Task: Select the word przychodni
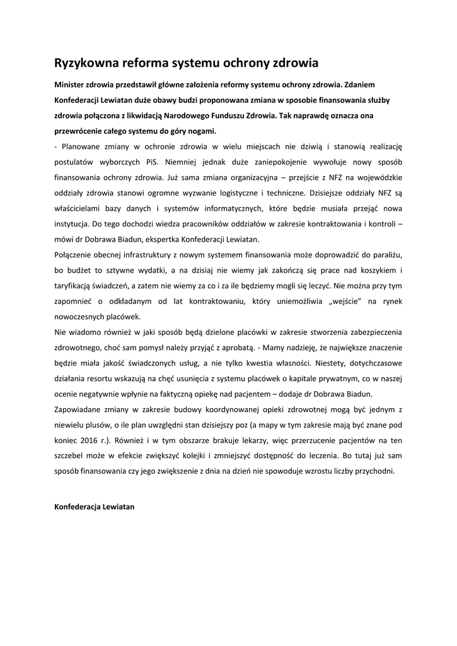(x=373, y=471)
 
